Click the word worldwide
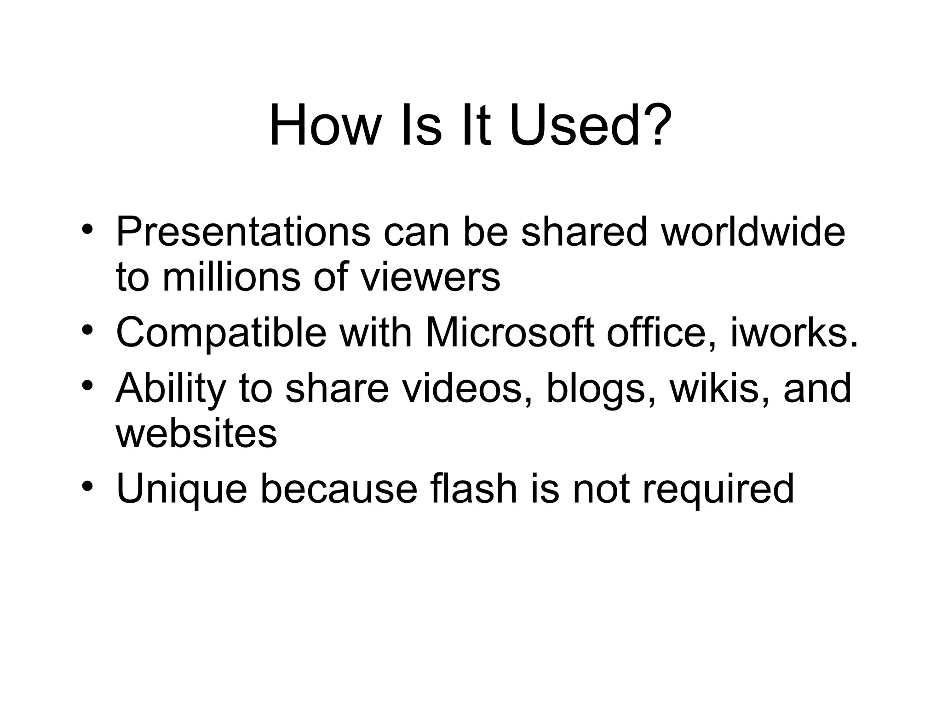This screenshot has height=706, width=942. pos(753,232)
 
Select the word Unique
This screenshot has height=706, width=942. pos(182,489)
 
